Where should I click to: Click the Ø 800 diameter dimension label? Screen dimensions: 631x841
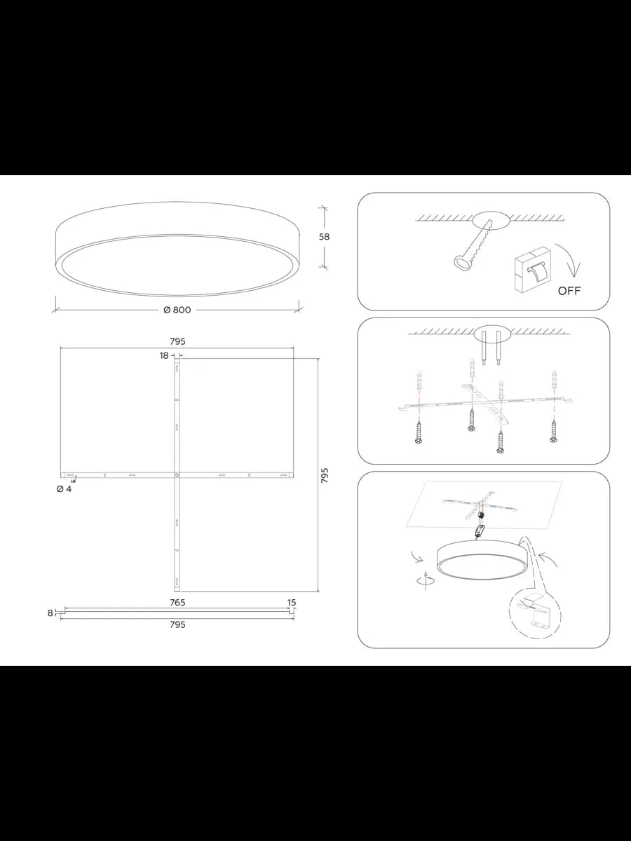tap(177, 310)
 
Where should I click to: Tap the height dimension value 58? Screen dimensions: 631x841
tap(324, 237)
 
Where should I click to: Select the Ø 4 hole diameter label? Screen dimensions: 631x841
tap(64, 489)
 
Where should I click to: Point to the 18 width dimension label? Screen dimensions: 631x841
tap(164, 355)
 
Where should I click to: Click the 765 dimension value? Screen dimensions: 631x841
tap(177, 602)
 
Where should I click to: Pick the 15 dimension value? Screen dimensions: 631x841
tap(292, 602)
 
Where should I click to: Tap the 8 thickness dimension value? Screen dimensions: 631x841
tap(50, 613)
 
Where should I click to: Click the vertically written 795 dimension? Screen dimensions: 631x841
tap(325, 475)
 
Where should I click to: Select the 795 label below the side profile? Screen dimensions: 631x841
tap(177, 624)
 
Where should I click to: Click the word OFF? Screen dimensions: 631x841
tap(569, 291)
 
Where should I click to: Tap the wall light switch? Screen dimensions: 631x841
tap(533, 270)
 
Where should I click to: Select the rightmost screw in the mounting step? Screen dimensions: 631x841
tap(553, 432)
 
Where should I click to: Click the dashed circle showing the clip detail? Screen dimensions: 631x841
tap(535, 616)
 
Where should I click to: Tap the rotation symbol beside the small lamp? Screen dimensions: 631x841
tap(426, 580)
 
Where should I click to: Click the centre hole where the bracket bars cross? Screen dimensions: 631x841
tap(177, 475)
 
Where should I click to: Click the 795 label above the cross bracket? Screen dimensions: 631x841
tap(177, 341)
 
